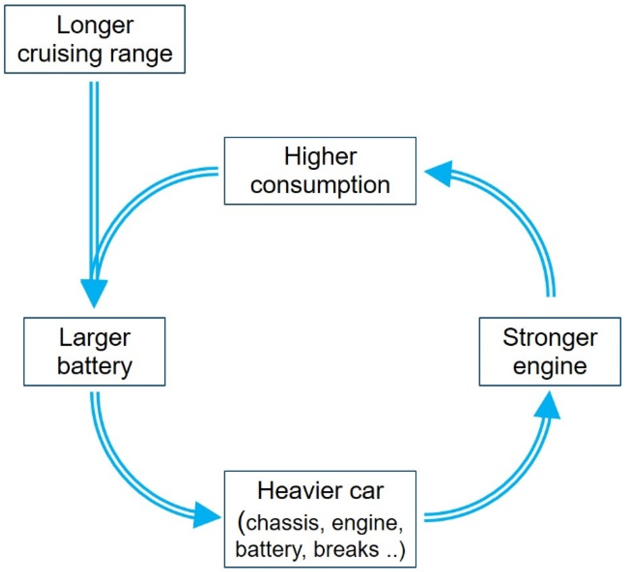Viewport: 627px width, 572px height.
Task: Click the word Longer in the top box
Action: tap(95, 26)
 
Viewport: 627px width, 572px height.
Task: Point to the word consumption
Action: tap(320, 185)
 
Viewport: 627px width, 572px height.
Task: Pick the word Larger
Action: tap(95, 338)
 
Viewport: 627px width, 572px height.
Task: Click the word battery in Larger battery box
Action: tap(95, 366)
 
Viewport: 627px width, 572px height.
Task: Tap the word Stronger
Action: tap(550, 338)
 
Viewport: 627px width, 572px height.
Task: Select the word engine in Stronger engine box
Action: tap(550, 367)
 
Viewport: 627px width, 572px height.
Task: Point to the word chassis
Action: tap(282, 523)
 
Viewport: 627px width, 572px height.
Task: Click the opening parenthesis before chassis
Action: tap(242, 523)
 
